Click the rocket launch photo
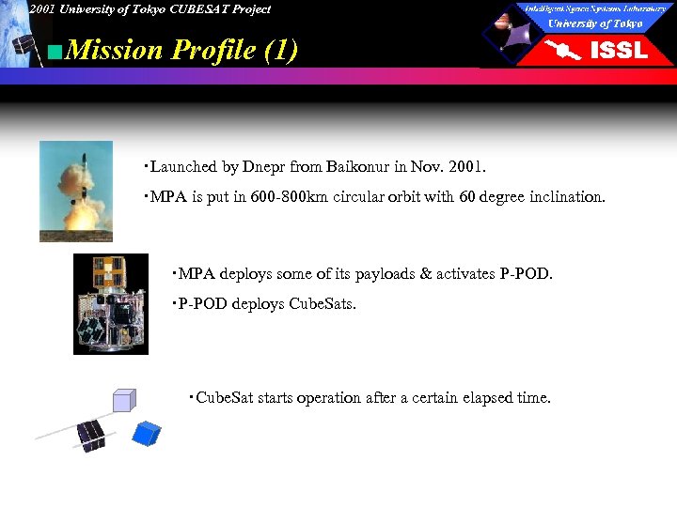(x=75, y=191)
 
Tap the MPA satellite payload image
(x=111, y=303)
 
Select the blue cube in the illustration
(x=147, y=432)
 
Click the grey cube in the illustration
(x=124, y=401)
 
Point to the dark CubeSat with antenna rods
(x=90, y=433)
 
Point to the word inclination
(x=564, y=198)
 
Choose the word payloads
(x=382, y=273)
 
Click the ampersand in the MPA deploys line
(x=426, y=273)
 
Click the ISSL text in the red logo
(x=618, y=51)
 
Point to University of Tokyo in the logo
(x=595, y=23)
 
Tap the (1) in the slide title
(x=281, y=50)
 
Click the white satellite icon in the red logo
(x=565, y=51)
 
